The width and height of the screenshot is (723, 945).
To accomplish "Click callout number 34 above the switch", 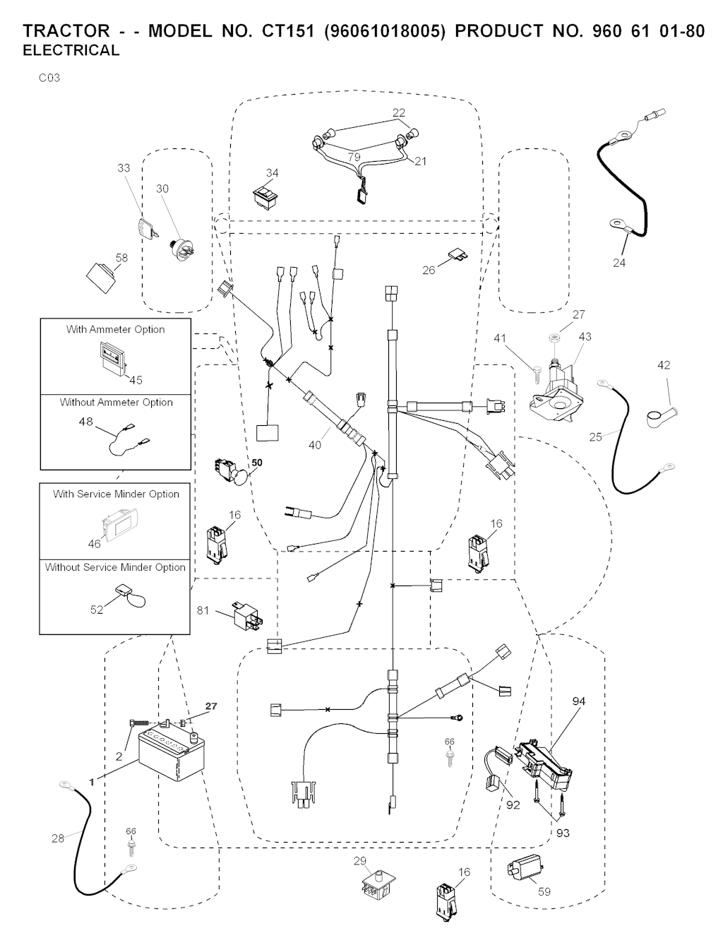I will pos(272,173).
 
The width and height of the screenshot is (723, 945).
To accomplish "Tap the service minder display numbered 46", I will pos(119,526).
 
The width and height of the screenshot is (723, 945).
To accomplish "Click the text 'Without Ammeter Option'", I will pos(116,403).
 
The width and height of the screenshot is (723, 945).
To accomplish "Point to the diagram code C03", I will pos(49,78).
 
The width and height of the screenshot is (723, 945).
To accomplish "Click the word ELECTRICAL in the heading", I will pos(71,51).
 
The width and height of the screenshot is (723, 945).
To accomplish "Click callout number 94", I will pos(579,701).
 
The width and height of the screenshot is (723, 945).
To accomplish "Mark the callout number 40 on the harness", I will pos(314,445).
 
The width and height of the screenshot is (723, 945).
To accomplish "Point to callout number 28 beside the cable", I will pos(58,838).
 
